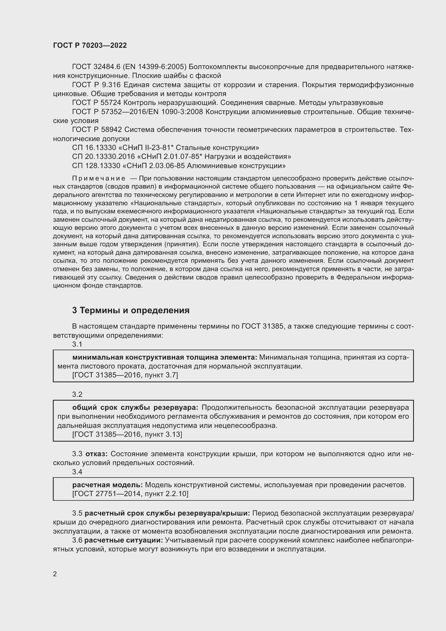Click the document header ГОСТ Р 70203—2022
pos(90,45)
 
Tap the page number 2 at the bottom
pos(55,574)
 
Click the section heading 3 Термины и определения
pos(131,310)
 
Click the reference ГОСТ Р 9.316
pos(96,85)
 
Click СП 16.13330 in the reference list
pos(94,148)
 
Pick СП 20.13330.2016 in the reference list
pos(103,157)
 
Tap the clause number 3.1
pos(77,344)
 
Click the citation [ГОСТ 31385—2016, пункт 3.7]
pos(125,375)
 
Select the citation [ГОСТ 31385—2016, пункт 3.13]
pos(127,434)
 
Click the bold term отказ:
pos(96,454)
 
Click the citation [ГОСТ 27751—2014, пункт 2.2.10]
pos(130,494)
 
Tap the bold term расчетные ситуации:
pos(123,540)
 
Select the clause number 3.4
pos(77,472)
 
